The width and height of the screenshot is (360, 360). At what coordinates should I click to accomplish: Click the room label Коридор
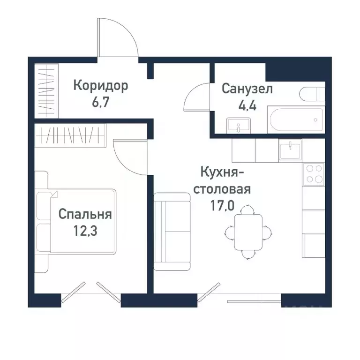pos(100,86)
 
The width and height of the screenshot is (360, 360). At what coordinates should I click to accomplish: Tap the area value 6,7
pos(100,102)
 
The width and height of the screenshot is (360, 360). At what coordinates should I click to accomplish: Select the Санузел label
pos(247,89)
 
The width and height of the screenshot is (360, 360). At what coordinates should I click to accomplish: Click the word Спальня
pos(85,214)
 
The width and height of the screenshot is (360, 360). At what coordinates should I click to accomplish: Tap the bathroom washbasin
pos(239,126)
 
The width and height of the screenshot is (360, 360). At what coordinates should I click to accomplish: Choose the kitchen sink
pos(291,150)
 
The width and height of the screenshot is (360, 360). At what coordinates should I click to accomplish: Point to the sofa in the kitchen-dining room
pos(172,232)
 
